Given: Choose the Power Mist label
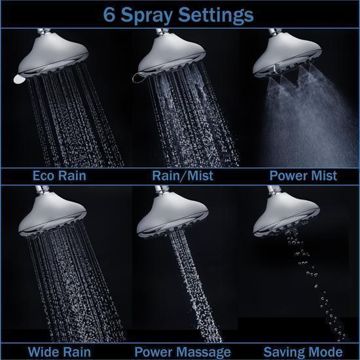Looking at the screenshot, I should coord(302,175).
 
